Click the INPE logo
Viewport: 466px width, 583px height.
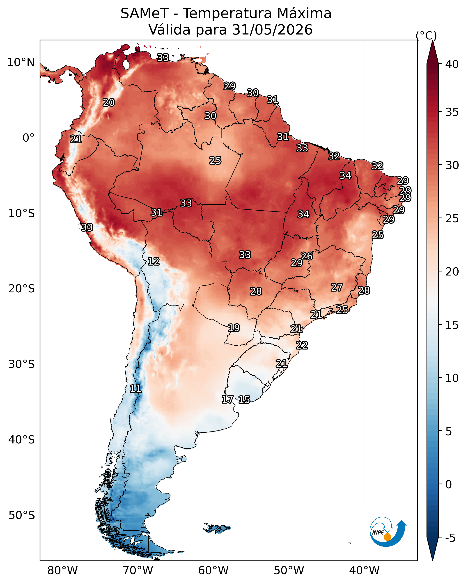click(x=388, y=532)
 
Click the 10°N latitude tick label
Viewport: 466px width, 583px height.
click(x=21, y=62)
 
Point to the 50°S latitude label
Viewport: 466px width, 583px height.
click(x=22, y=515)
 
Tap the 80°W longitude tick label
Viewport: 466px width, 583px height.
click(x=62, y=570)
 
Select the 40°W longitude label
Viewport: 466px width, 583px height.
click(x=364, y=570)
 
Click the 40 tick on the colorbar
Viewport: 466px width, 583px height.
click(x=452, y=64)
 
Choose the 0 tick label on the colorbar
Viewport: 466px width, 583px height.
click(x=448, y=484)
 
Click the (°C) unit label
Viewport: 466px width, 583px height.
click(x=426, y=35)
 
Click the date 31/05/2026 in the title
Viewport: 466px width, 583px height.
click(x=272, y=30)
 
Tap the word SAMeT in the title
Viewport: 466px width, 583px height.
click(x=145, y=13)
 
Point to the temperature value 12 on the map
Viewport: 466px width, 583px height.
click(x=153, y=261)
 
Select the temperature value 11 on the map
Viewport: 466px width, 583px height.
click(x=135, y=389)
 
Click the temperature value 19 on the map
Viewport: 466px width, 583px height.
click(x=234, y=328)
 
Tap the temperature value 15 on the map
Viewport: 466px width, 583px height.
click(x=244, y=399)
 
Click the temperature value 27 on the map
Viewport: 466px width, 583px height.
click(x=337, y=287)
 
